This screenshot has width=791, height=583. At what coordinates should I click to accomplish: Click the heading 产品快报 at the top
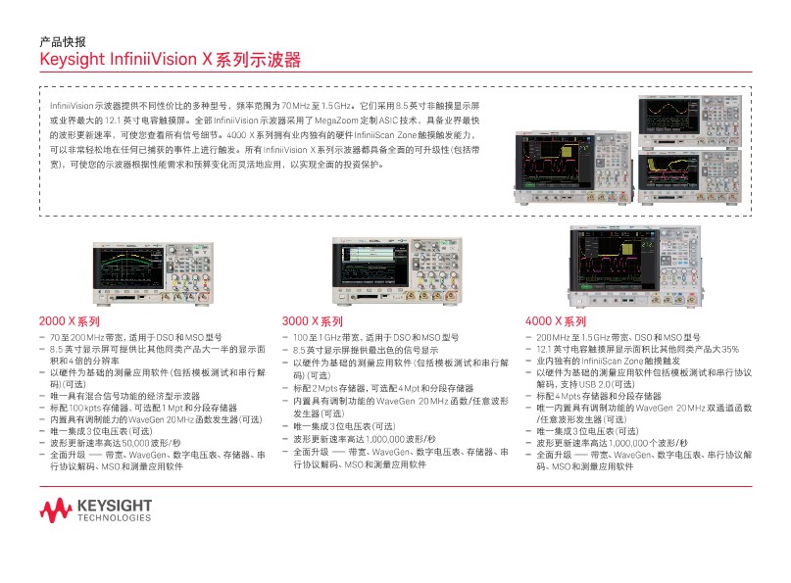point(62,42)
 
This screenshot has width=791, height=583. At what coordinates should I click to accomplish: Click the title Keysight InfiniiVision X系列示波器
point(169,60)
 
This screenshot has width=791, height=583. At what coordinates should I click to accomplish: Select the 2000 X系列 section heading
point(70,320)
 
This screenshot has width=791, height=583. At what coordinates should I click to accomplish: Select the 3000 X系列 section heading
point(312,320)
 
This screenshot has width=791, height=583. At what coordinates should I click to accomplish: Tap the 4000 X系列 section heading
point(556,320)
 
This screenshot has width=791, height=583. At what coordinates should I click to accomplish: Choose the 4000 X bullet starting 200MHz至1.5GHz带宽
point(619,336)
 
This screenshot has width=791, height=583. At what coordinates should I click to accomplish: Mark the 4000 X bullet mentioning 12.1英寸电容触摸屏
point(637,348)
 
